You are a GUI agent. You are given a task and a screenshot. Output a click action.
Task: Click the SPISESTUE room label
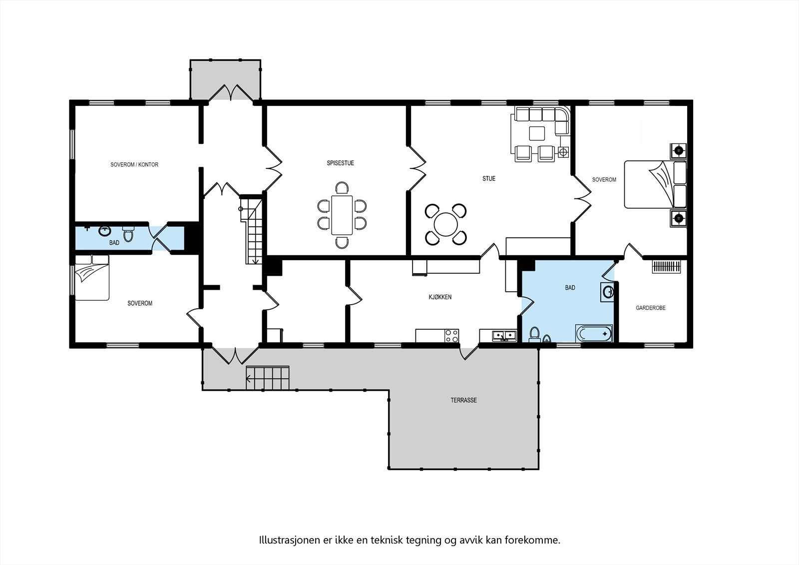point(340,163)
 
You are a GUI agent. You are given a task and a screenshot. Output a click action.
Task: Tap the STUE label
point(489,178)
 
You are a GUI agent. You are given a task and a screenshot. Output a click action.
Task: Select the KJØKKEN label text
point(440,297)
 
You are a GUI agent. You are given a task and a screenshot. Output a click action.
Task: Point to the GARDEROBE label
point(651,308)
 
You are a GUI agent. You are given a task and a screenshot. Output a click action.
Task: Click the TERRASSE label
point(464,400)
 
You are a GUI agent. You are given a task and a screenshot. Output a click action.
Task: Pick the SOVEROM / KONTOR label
point(134,164)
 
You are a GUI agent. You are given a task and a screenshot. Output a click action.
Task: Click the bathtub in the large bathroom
point(594,334)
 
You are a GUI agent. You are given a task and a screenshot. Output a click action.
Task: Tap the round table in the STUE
point(445,224)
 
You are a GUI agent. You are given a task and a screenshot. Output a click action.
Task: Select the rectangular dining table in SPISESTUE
point(342,215)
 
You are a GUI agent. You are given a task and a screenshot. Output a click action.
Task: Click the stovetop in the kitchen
point(451,336)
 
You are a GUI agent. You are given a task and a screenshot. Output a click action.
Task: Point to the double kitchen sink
point(504,336)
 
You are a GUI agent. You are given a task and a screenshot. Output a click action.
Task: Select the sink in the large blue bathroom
point(607,292)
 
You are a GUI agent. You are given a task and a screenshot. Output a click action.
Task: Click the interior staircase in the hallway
point(252,230)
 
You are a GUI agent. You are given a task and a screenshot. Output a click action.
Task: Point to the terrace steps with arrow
point(267,378)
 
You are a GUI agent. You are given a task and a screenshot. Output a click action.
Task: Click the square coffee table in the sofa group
point(537,133)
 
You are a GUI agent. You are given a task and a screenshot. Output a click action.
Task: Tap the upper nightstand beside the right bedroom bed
point(678,151)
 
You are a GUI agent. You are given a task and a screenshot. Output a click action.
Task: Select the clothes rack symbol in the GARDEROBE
point(666,267)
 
